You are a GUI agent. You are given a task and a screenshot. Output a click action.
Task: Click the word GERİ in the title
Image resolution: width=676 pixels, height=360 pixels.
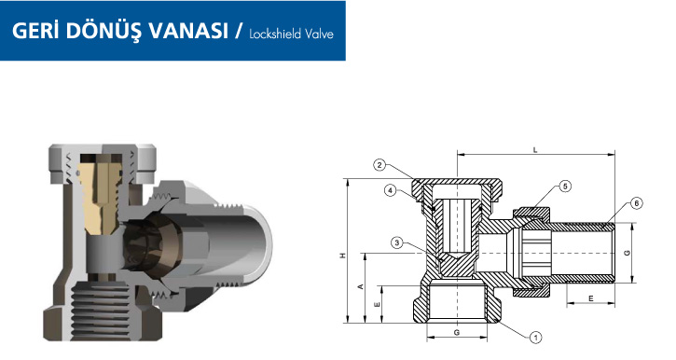coord(34,30)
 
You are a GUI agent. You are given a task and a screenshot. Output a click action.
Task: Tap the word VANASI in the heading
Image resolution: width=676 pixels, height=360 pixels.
coord(188,31)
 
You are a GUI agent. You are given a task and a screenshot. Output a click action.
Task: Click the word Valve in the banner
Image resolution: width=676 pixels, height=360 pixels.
coord(320,35)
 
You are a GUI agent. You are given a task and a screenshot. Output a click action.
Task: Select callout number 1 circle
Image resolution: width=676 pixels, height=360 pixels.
coord(535,337)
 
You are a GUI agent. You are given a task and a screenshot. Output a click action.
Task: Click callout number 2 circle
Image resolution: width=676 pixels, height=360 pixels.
coord(379,165)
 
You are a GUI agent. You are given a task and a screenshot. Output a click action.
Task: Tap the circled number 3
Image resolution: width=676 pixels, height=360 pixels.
coord(397,243)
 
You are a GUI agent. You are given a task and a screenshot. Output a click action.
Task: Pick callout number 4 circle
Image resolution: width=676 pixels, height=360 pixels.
coord(390,190)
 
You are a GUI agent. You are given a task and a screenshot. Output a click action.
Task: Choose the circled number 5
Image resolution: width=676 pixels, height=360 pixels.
coord(565,187)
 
